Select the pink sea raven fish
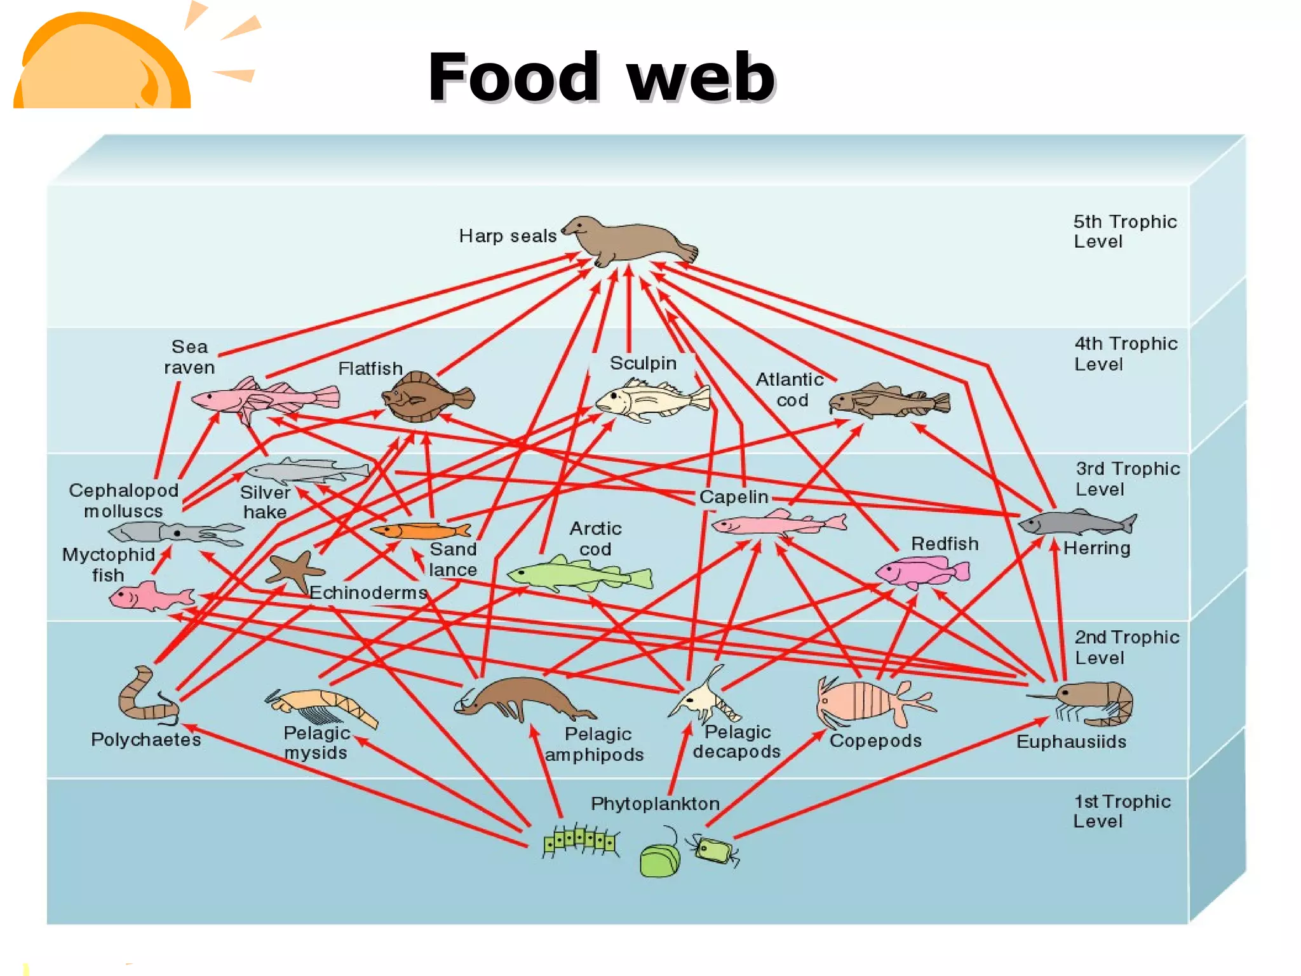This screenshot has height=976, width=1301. tap(264, 399)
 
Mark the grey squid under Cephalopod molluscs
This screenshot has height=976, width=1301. tap(175, 532)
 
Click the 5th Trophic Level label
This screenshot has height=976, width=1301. tap(1124, 231)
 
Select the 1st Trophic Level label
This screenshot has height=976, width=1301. tap(1121, 811)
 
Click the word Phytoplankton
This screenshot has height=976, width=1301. tap(655, 804)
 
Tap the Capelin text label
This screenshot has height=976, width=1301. tap(734, 497)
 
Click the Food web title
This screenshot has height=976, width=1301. tap(601, 78)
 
